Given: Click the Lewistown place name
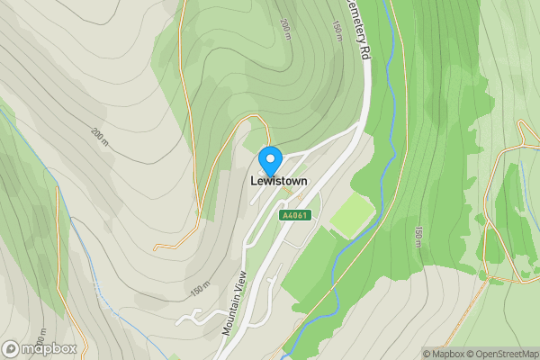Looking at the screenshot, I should coord(278,181).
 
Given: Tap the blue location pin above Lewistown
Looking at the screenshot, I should coord(270,159).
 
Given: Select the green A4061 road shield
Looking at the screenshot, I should coord(295,215).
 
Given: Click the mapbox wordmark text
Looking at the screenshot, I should coord(49,348).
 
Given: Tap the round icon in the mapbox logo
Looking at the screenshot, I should coord(12,348).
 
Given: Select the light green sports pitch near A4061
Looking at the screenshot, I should coord(352,216).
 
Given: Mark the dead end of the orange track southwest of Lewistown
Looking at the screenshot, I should coord(155,247).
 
